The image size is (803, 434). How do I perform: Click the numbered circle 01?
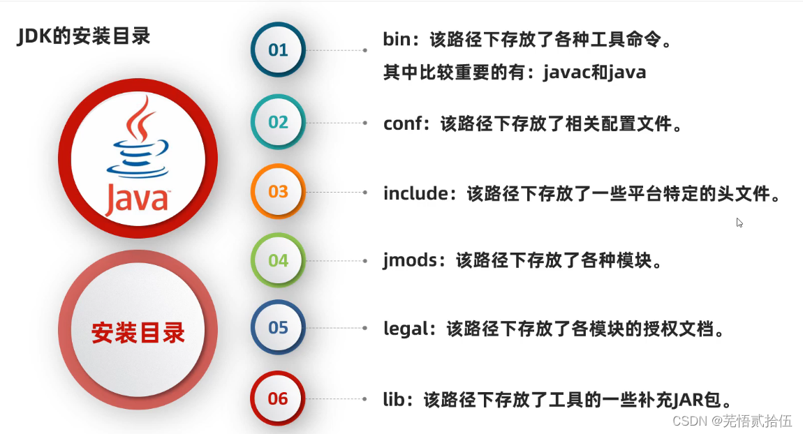tap(278, 50)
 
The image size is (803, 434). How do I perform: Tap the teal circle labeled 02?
tap(278, 122)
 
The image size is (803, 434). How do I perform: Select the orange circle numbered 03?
tap(278, 191)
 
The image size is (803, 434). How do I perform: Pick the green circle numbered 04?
tap(278, 260)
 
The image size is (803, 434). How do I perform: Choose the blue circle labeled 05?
tap(278, 327)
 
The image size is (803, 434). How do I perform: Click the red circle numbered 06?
tap(278, 398)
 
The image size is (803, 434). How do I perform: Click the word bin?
tap(398, 40)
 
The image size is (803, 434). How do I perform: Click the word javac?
tap(566, 73)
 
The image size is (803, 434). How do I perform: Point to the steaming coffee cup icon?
tap(138, 143)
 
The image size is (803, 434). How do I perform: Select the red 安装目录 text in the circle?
tap(138, 333)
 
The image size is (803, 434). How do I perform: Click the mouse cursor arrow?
tap(739, 223)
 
